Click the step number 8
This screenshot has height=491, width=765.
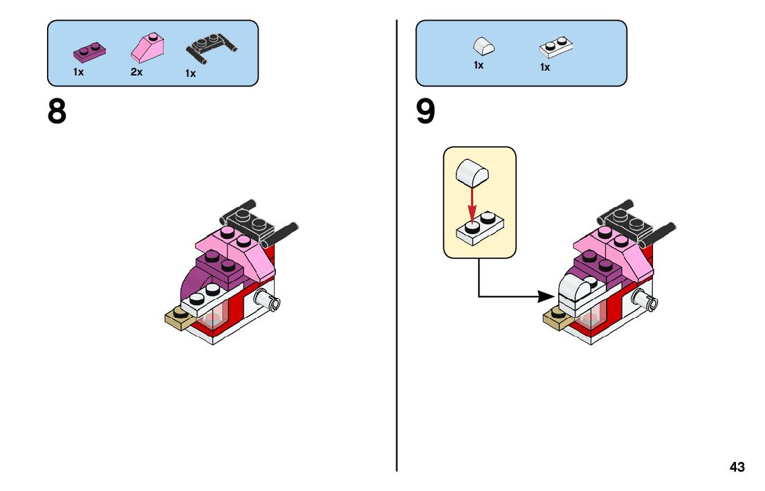(x=57, y=111)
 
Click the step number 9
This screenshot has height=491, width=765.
(x=426, y=111)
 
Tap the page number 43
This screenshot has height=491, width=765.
(x=737, y=467)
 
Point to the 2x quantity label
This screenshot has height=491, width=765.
(x=136, y=71)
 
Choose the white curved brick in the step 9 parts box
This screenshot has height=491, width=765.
(x=483, y=46)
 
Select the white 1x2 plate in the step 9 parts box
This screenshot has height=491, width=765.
(x=557, y=47)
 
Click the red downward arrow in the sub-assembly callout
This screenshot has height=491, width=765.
(x=472, y=204)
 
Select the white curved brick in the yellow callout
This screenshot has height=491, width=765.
(x=472, y=172)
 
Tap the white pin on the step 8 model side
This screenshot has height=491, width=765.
(x=266, y=299)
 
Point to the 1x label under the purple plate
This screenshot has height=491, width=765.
(x=78, y=71)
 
